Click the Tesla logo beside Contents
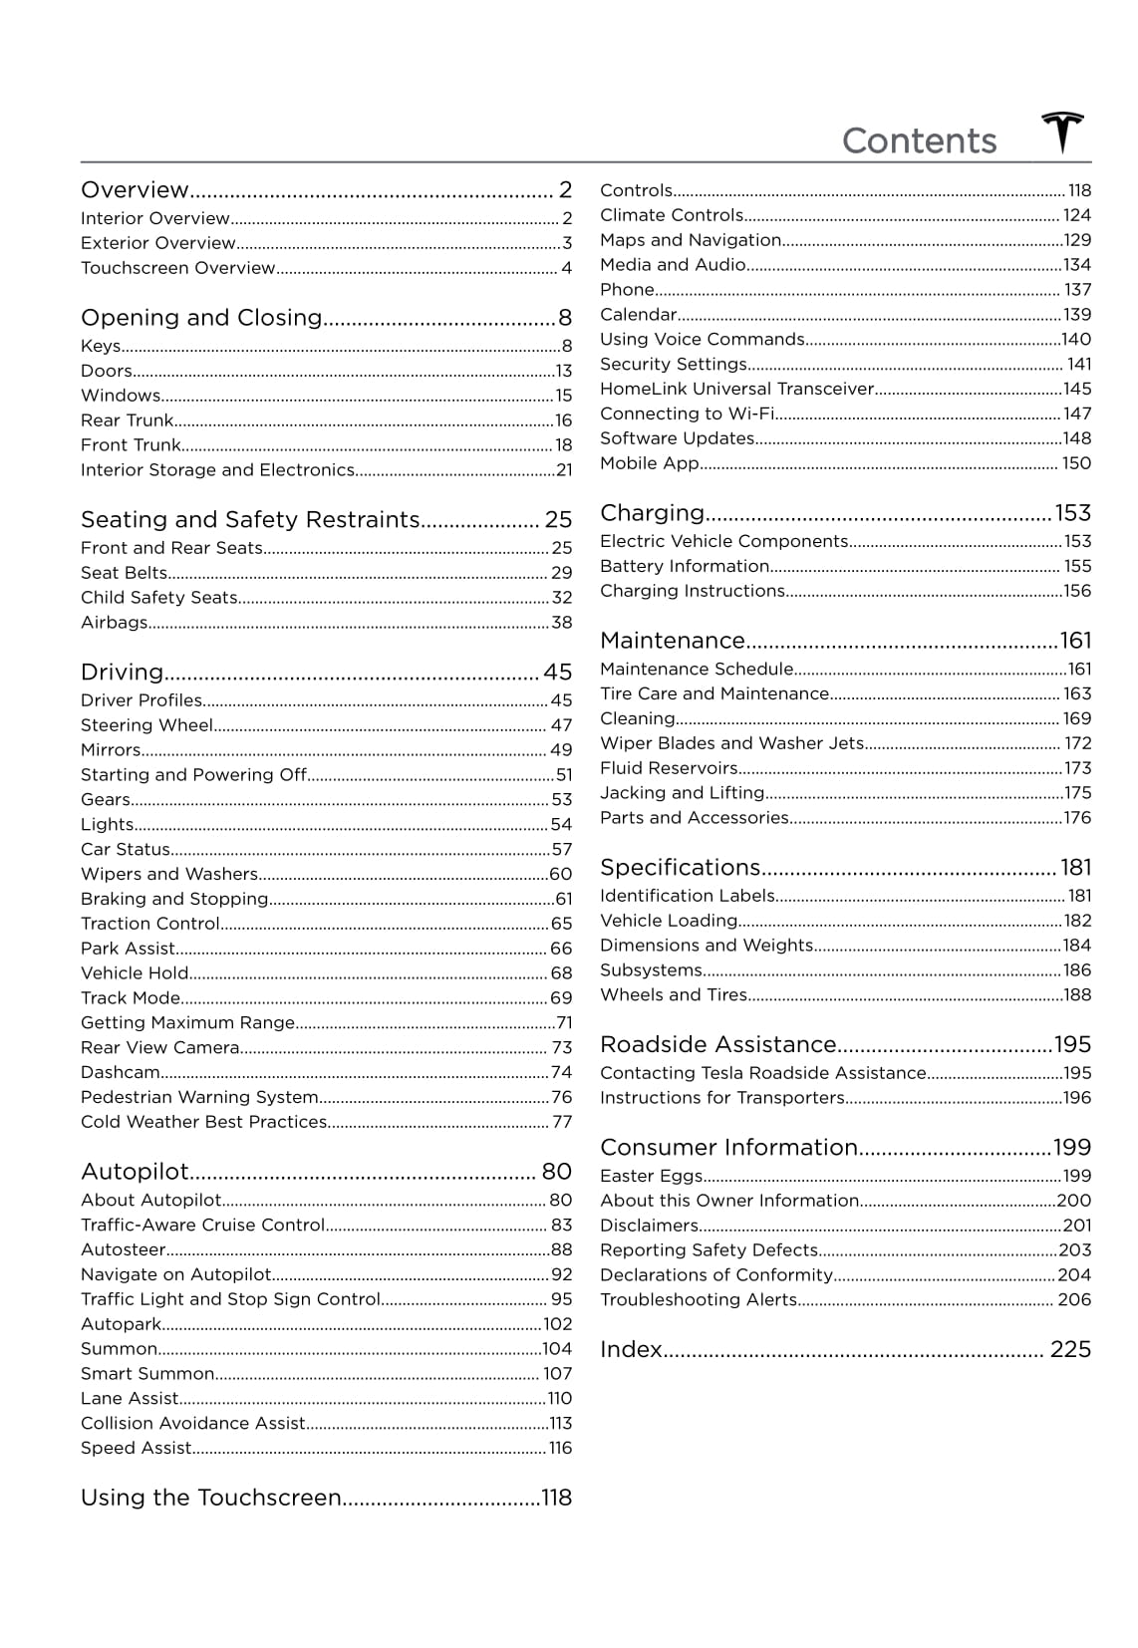click(1062, 134)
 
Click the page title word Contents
click(919, 141)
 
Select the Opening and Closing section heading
click(201, 318)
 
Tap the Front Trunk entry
click(131, 445)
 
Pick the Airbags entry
click(115, 623)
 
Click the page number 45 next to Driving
click(557, 673)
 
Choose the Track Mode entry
click(131, 998)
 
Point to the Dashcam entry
click(121, 1072)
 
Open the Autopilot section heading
click(135, 1172)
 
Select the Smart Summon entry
click(147, 1374)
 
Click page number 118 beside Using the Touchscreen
click(556, 1498)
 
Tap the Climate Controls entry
click(672, 215)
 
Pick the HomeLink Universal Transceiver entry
click(737, 390)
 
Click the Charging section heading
click(653, 513)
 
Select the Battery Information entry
click(685, 566)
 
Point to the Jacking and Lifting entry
click(683, 793)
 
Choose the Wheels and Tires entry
click(674, 995)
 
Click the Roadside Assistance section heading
click(717, 1044)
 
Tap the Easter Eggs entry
click(652, 1177)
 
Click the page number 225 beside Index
click(1070, 1350)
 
